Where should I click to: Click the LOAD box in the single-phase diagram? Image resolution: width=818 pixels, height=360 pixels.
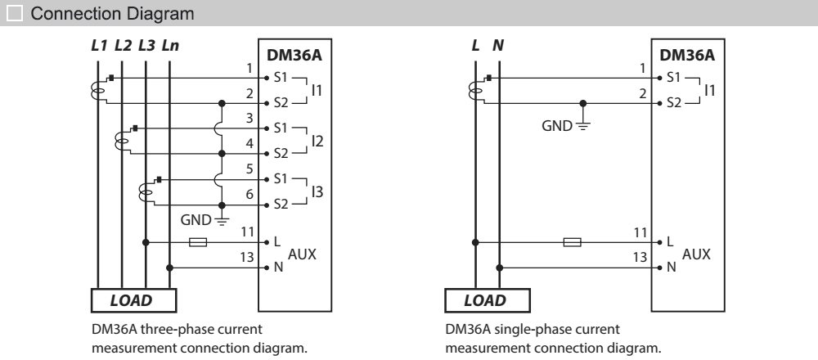tap(484, 300)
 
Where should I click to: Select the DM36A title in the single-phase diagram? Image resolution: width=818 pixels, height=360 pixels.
tap(686, 56)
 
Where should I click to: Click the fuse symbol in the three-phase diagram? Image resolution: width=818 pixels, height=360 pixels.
tap(198, 243)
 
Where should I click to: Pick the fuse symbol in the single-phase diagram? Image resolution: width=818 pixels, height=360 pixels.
tap(573, 243)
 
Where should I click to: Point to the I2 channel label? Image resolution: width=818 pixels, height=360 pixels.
tap(317, 141)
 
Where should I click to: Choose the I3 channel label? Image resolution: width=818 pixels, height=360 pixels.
tap(317, 191)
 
